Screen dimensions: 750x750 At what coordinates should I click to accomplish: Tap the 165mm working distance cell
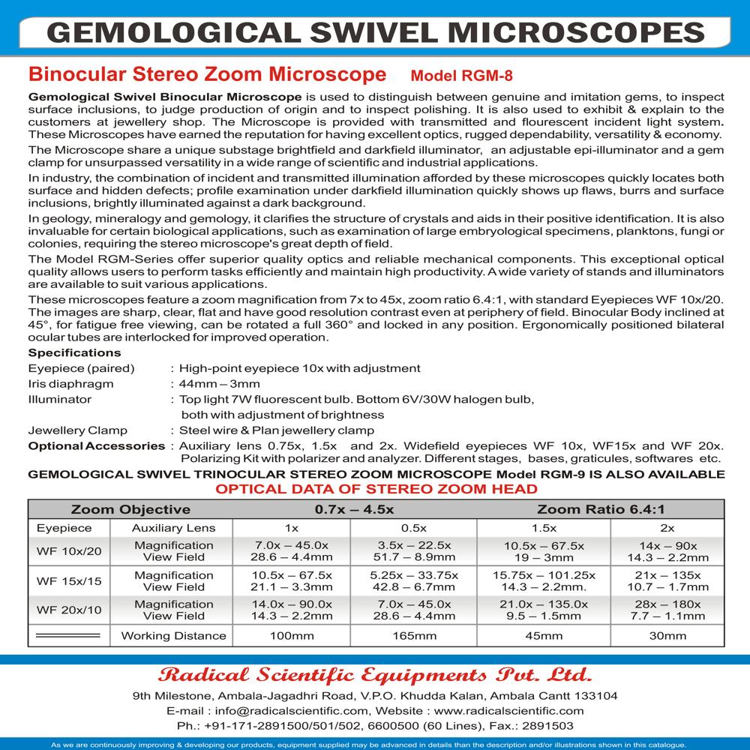(414, 636)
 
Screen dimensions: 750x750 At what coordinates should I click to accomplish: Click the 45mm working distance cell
(543, 636)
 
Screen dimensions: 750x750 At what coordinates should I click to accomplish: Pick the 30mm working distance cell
(667, 636)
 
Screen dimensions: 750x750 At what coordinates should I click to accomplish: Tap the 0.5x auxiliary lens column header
(414, 528)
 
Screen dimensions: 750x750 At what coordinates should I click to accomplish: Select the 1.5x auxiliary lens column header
(543, 528)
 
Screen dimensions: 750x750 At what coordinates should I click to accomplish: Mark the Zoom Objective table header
(130, 509)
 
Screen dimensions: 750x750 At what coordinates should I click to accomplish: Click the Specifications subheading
(74, 352)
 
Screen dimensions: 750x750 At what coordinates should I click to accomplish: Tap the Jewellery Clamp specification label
(77, 430)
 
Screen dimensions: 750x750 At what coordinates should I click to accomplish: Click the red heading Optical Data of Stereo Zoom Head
(376, 489)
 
